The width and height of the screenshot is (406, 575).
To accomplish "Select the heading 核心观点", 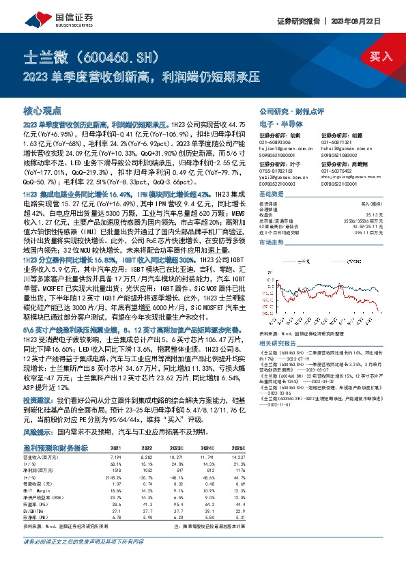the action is click(x=42, y=110).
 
